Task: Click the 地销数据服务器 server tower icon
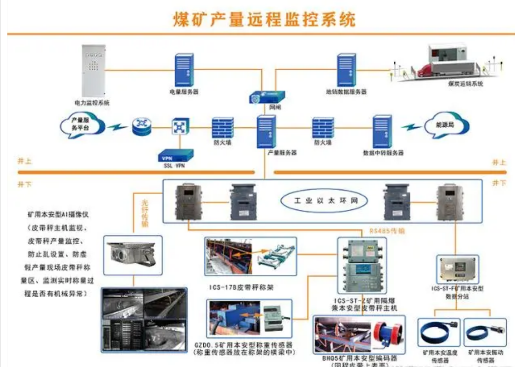pos(346,70)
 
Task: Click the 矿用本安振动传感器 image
pos(485,331)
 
